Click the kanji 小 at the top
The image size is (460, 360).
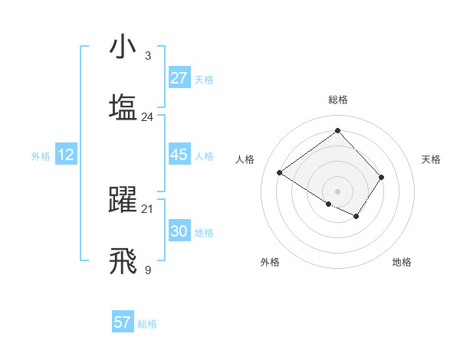pos(123,47)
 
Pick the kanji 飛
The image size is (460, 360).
pos(123,260)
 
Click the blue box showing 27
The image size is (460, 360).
pos(179,78)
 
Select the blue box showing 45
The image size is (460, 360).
pos(179,155)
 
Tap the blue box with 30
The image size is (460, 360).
pos(179,231)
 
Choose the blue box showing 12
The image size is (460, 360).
pos(66,155)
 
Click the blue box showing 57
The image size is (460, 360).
pos(123,322)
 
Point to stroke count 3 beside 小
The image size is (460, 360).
pos(147,55)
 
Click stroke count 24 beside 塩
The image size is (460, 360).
pos(147,116)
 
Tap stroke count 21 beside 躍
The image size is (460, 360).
pos(147,208)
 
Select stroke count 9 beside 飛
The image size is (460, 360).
pos(147,269)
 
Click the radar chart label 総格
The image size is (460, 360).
pos(338,100)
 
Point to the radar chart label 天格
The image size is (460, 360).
pos(432,159)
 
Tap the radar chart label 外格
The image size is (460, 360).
pos(270,262)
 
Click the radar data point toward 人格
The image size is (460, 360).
pos(280,173)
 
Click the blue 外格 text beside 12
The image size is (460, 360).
pos(41,155)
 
